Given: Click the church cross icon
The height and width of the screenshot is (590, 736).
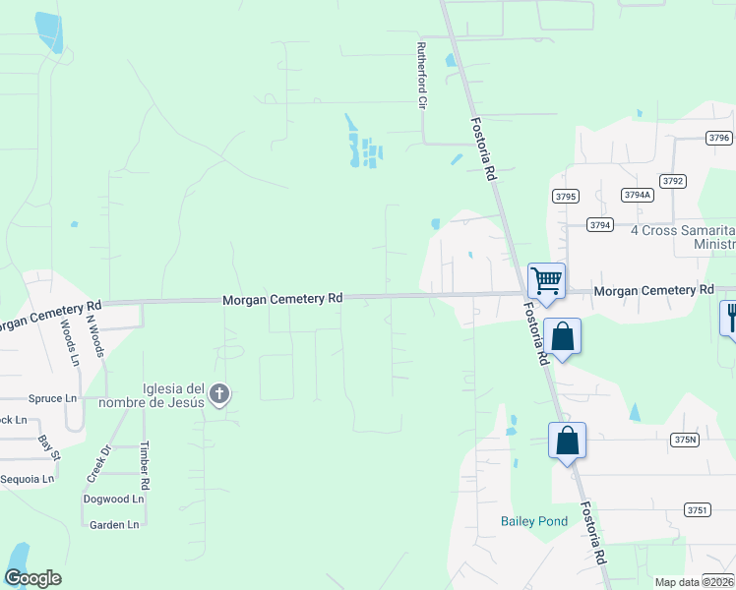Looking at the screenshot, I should [x=218, y=395].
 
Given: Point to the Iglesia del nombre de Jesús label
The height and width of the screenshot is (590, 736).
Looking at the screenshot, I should [x=159, y=393].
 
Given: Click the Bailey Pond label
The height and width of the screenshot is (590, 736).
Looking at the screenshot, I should [x=534, y=521].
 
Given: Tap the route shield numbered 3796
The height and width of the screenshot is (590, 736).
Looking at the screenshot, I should [x=718, y=139].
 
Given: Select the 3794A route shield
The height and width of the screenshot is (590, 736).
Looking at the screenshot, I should [x=638, y=195].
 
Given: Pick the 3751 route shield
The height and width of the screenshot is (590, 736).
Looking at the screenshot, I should [x=698, y=509].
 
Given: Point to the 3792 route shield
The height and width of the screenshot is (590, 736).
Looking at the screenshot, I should [x=673, y=181].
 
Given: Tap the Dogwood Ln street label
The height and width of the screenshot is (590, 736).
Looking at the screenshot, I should [x=113, y=499].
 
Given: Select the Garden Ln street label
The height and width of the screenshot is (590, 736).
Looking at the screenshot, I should [x=114, y=525].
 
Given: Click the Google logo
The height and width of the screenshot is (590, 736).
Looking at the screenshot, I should [x=32, y=578].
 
